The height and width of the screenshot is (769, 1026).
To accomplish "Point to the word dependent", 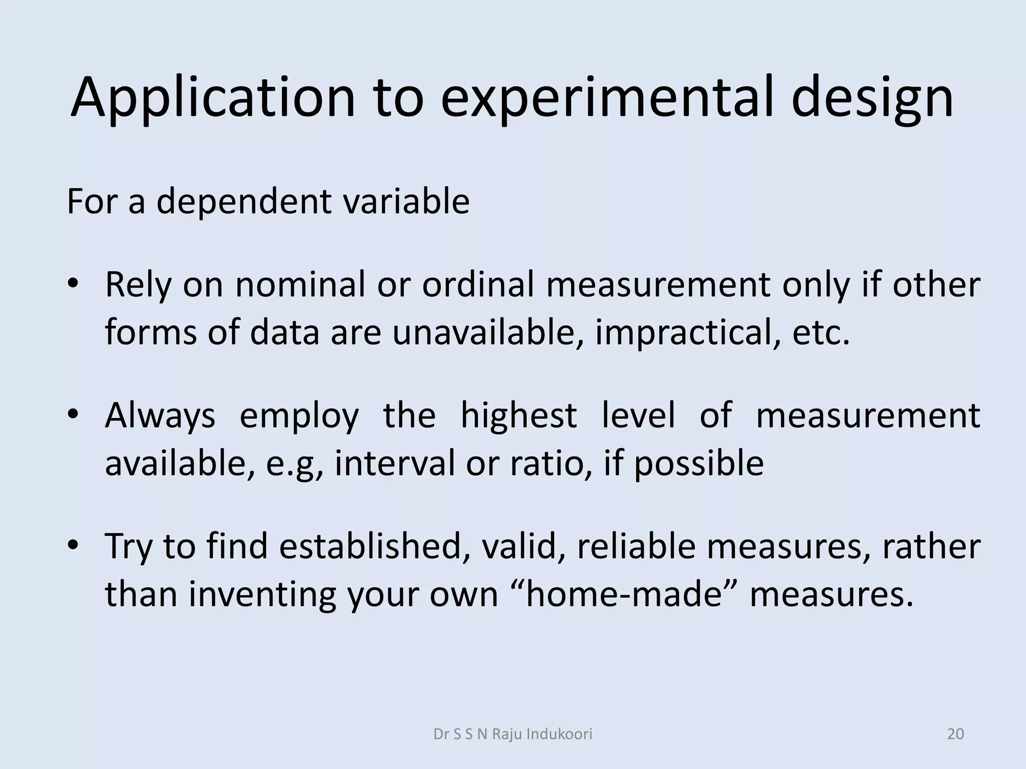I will coord(244,202).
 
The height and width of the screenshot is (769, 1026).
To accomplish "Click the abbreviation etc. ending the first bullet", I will coord(821,332).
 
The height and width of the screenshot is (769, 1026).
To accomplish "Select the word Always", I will coord(160,415).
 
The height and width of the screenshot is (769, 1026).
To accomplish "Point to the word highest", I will coord(519,415).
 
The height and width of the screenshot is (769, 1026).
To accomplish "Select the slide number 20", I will coord(955,734).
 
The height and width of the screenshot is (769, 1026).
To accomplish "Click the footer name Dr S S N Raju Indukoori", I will coord(512,734).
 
